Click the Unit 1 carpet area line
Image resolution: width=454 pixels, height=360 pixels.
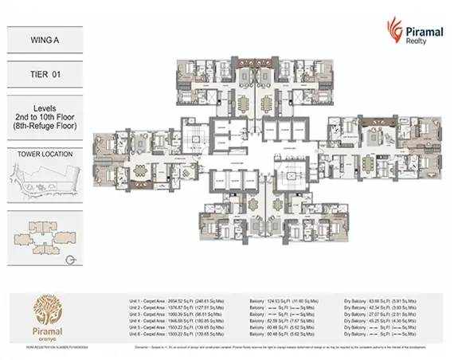[174, 303]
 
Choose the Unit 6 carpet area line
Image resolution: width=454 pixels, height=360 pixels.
[174, 335]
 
